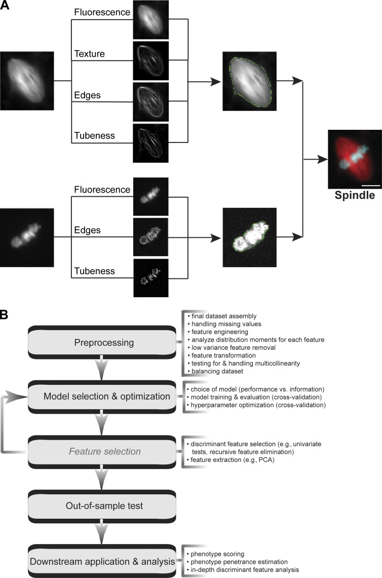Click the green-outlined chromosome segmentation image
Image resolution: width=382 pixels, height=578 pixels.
coord(249,237)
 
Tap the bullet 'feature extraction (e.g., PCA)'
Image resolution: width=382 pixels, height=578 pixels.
coord(228,460)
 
